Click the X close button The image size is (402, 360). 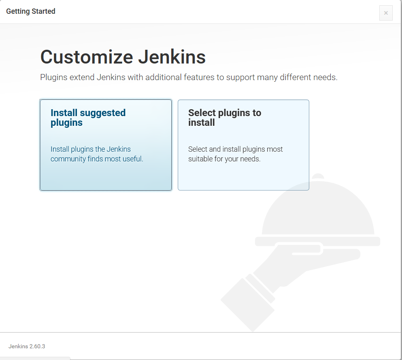pos(386,13)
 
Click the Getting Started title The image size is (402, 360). pos(31,11)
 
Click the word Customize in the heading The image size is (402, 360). pos(86,57)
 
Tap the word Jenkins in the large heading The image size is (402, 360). pos(172,57)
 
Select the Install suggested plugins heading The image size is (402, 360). pos(88,118)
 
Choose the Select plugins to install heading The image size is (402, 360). pos(225,118)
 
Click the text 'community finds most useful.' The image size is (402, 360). pos(97,159)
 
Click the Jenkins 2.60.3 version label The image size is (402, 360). pos(27,346)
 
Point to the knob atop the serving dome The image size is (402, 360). pos(319,177)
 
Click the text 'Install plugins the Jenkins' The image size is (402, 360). pos(91,149)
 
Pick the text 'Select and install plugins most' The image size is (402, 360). pos(236,149)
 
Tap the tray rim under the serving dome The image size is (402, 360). pos(318,241)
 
